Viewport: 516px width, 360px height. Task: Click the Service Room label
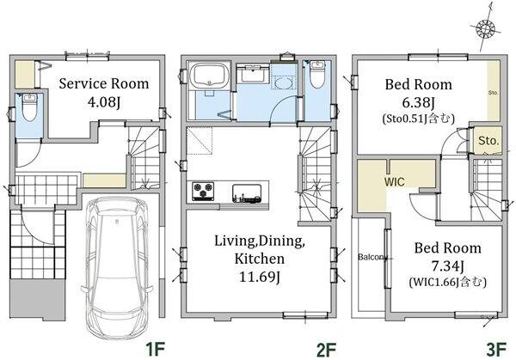click(x=104, y=83)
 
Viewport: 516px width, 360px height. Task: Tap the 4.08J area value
click(x=104, y=102)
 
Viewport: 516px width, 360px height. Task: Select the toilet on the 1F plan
click(x=29, y=107)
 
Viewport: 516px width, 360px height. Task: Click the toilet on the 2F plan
click(x=317, y=75)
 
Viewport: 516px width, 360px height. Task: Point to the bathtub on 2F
click(x=211, y=76)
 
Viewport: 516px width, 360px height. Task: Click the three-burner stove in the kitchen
click(x=203, y=191)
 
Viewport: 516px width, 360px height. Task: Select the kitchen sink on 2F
click(x=247, y=193)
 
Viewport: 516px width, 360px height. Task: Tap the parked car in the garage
click(x=117, y=268)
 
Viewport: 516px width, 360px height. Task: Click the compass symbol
click(x=486, y=28)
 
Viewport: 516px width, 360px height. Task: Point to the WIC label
click(x=394, y=181)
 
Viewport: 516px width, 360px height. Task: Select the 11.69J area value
click(x=260, y=277)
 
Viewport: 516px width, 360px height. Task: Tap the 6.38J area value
click(x=419, y=102)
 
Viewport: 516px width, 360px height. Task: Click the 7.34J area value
click(x=447, y=266)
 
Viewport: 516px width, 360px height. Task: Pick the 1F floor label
click(x=155, y=349)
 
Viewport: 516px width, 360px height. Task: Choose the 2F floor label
click(x=326, y=350)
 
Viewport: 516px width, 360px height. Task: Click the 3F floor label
click(x=496, y=350)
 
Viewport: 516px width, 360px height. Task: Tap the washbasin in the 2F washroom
click(x=283, y=82)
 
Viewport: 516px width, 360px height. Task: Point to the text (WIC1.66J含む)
click(x=447, y=282)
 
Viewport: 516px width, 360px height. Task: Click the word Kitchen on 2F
click(x=260, y=259)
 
